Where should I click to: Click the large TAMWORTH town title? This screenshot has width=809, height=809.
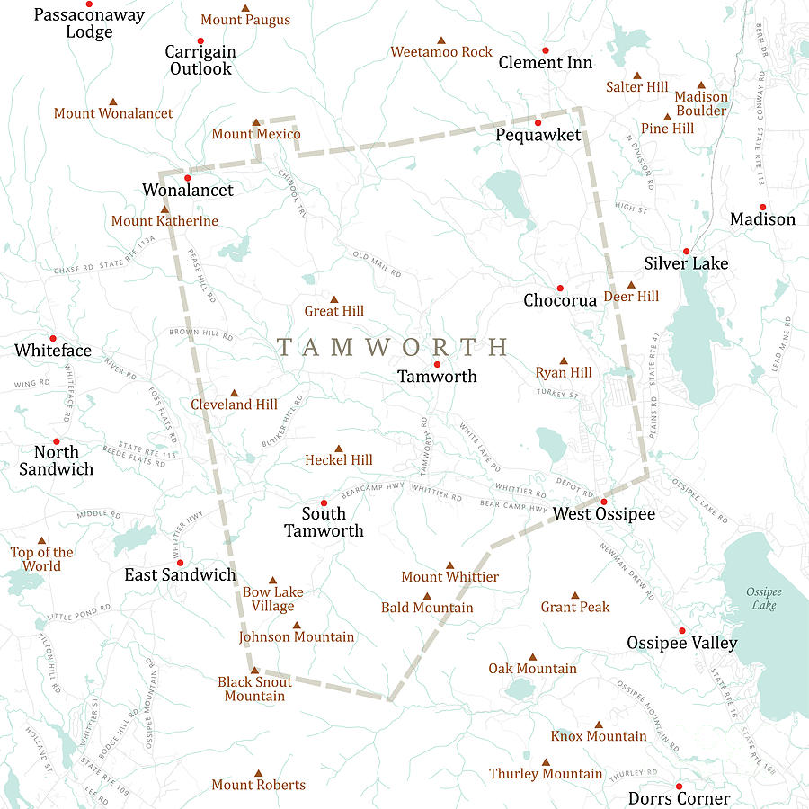[x=393, y=347]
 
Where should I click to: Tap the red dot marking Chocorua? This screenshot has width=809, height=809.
[x=559, y=289]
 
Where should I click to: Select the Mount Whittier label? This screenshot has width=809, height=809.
[x=449, y=577]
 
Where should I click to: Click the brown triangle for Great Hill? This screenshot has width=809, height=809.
[x=334, y=299]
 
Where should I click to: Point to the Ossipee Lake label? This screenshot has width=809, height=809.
[x=763, y=599]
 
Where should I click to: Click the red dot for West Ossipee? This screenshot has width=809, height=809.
[x=604, y=502]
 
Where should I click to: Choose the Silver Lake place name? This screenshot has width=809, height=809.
[x=686, y=263]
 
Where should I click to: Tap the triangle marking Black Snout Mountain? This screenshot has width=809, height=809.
[x=254, y=670]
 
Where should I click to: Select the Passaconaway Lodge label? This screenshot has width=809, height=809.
[x=89, y=23]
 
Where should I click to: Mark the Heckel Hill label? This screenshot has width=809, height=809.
[x=339, y=460]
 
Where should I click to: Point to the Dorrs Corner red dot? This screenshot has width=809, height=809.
[x=679, y=786]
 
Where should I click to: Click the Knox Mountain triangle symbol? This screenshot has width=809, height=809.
[x=599, y=725]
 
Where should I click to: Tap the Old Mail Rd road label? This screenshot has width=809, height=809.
[x=377, y=264]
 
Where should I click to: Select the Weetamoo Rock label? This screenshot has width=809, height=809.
[x=441, y=52]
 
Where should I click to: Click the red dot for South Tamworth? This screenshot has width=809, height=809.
[x=324, y=502]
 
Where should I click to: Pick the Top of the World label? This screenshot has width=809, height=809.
[x=42, y=559]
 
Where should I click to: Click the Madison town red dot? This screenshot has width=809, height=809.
[x=762, y=207]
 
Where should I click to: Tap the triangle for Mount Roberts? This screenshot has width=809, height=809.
[x=259, y=773]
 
